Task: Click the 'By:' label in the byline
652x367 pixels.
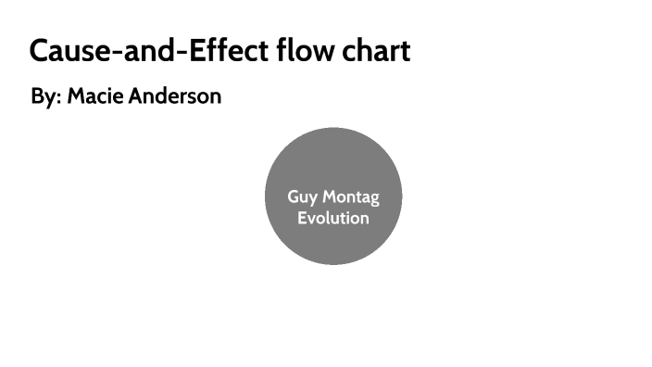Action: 45,96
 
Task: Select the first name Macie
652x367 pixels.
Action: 96,96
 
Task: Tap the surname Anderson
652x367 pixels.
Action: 175,96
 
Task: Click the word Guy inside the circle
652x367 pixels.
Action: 303,197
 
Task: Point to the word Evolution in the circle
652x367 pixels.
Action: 332,219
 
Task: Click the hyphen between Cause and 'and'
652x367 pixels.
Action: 109,53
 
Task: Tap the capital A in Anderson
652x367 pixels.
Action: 135,96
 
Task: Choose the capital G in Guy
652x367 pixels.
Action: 295,196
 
